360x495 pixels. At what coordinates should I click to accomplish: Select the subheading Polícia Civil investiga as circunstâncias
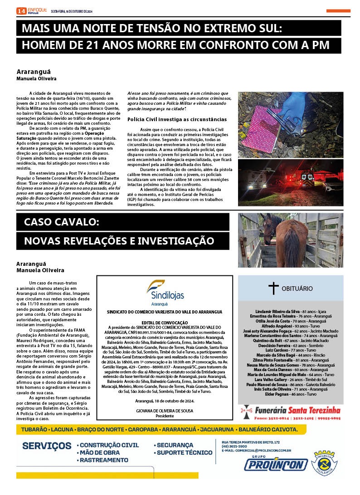tap(170, 119)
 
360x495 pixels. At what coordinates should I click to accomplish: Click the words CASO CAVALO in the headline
tap(61, 222)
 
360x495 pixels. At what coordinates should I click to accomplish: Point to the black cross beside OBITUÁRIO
tap(273, 288)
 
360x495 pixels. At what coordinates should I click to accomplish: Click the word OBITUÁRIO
tap(297, 288)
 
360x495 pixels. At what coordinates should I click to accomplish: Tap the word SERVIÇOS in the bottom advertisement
tap(46, 446)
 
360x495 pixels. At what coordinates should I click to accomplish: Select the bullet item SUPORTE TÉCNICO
tap(184, 452)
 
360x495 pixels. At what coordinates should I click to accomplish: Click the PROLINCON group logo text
tap(275, 464)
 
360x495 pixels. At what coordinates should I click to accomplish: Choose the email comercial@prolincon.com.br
tap(256, 451)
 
